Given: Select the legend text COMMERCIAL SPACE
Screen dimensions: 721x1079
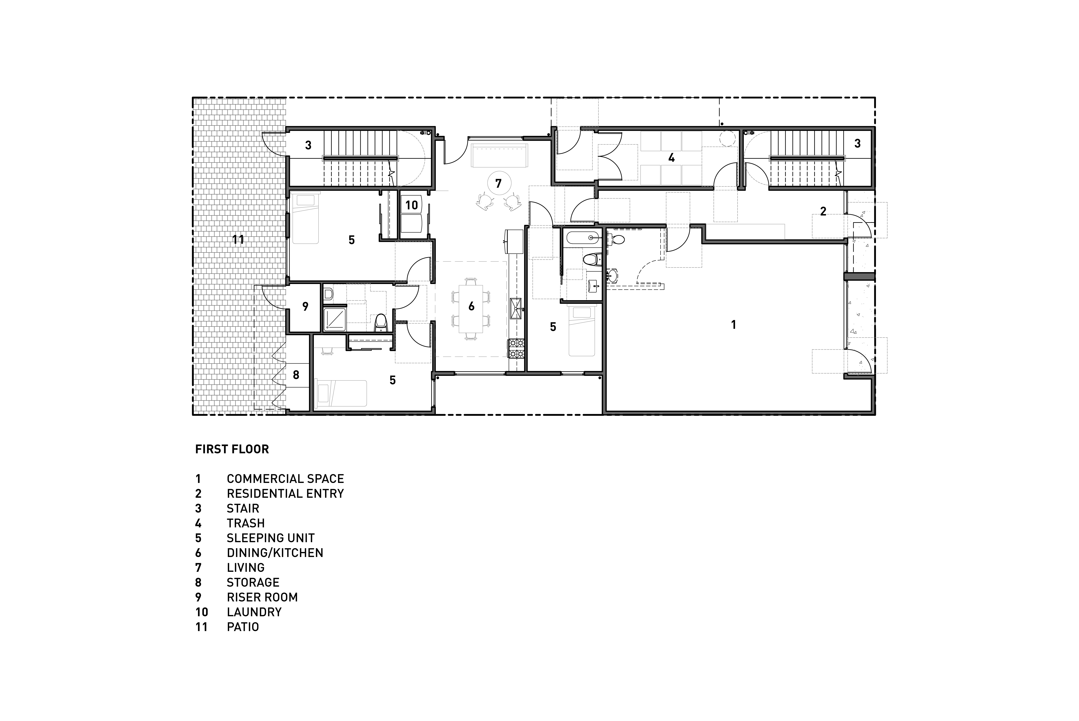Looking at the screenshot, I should [x=285, y=479].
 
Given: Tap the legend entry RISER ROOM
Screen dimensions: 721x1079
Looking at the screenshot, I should [x=262, y=597].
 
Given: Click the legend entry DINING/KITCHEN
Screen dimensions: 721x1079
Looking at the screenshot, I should [x=275, y=553].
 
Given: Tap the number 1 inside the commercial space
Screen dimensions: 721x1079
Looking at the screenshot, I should [x=733, y=325].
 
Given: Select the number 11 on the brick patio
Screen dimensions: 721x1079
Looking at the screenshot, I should [x=238, y=240].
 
